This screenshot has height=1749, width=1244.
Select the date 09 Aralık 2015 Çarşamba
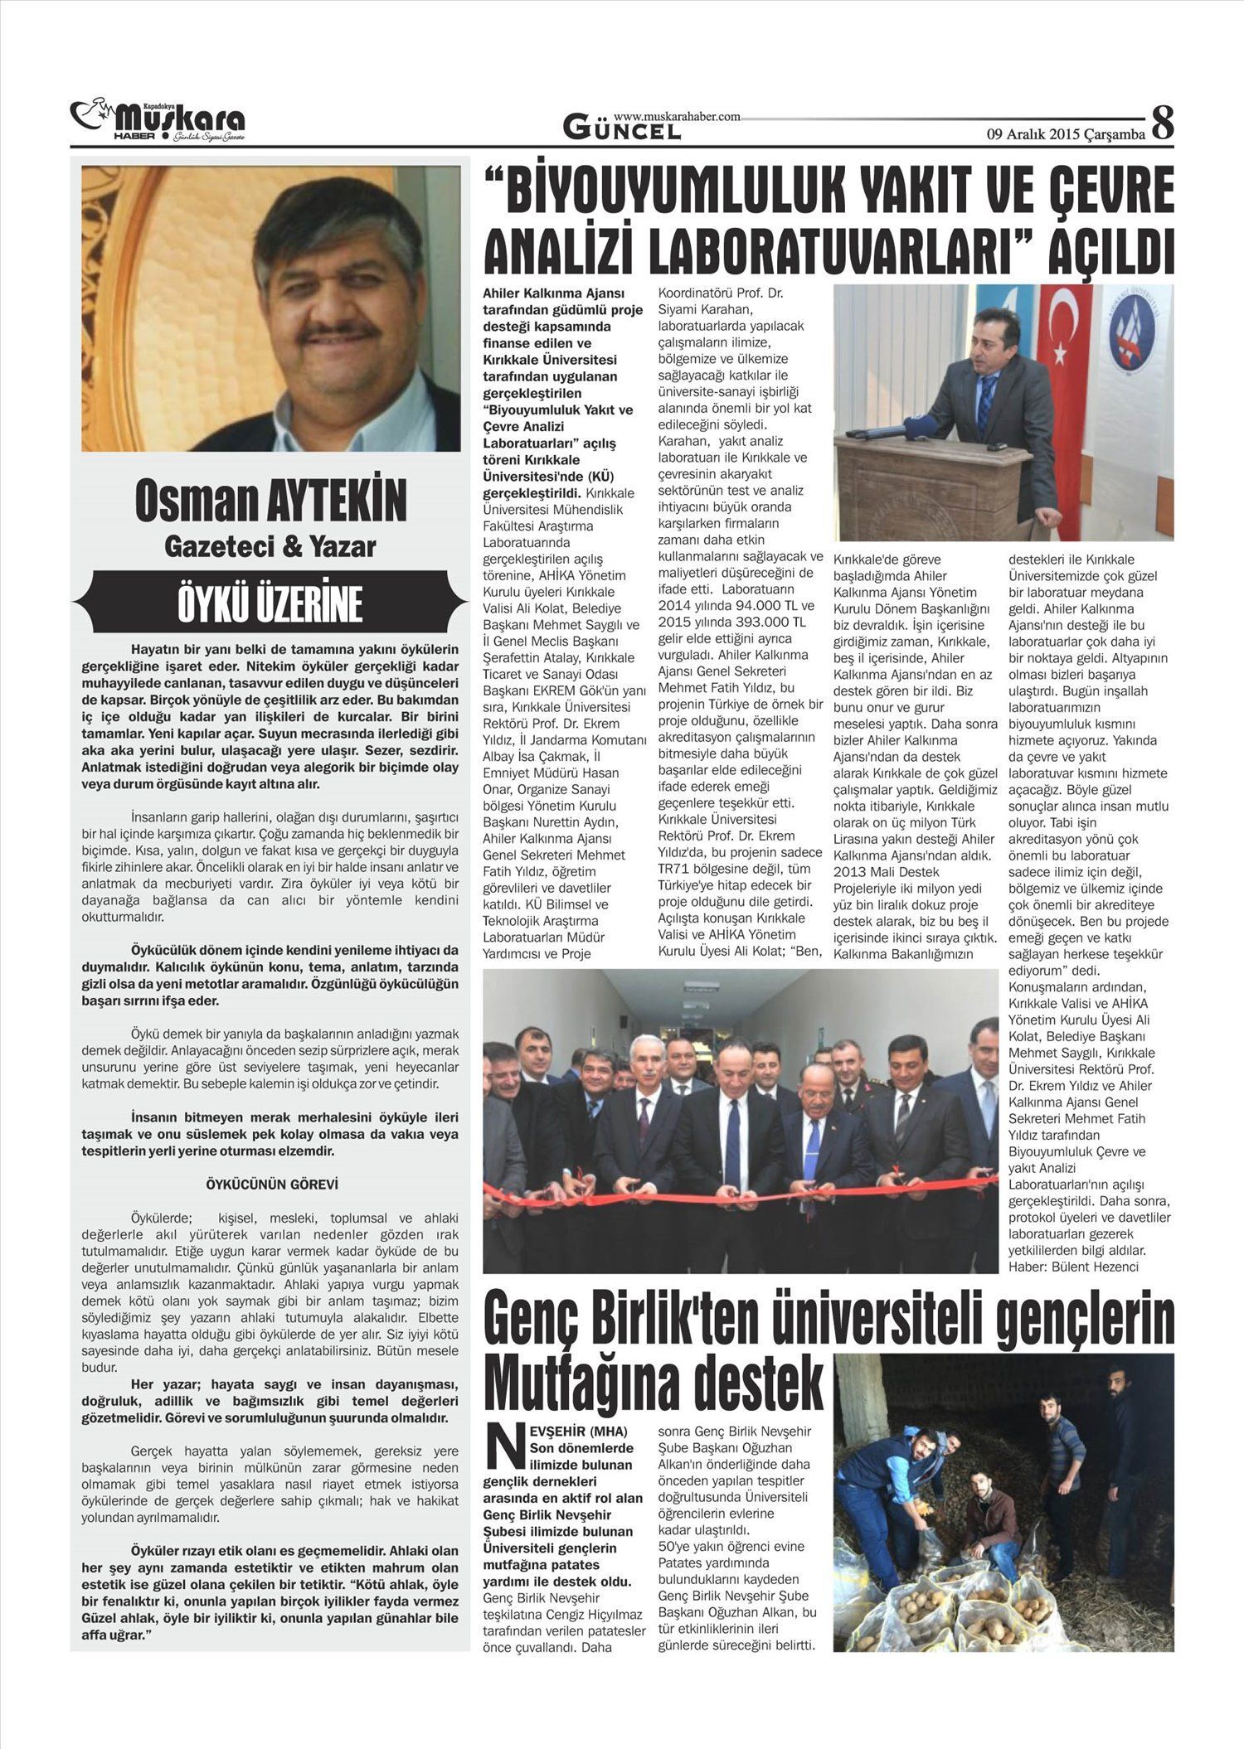1065,133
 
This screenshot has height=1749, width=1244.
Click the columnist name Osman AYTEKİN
270,501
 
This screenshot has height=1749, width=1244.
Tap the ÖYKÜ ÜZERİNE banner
270,604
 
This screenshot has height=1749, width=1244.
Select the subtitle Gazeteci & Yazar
270,547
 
